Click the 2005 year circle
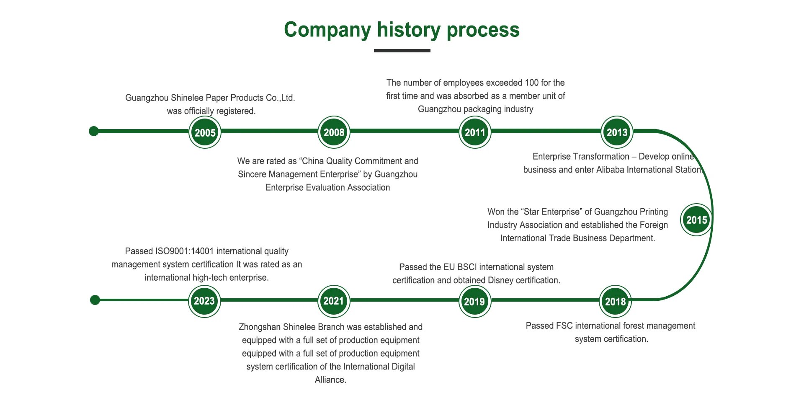(x=205, y=132)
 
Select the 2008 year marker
(x=334, y=132)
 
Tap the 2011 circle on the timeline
(x=475, y=132)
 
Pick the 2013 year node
(x=617, y=132)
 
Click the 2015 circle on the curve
(x=696, y=220)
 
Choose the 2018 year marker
(x=615, y=301)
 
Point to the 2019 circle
(x=474, y=301)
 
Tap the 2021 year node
(x=333, y=301)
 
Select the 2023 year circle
(x=204, y=301)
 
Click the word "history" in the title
(x=408, y=30)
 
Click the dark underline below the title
(x=402, y=51)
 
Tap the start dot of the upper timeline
(x=94, y=131)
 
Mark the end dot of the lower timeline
(x=95, y=300)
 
